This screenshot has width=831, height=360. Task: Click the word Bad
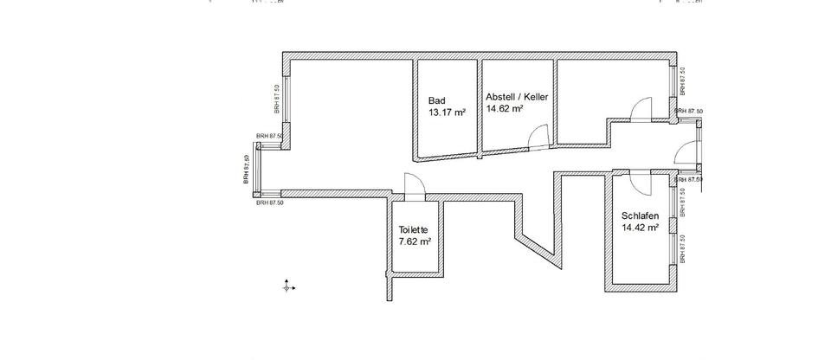click(437, 100)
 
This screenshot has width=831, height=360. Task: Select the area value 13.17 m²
click(448, 112)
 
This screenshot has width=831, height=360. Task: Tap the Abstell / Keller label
click(517, 97)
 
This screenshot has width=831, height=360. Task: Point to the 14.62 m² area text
click(506, 109)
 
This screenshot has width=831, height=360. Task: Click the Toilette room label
click(414, 229)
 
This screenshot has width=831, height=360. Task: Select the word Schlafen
click(640, 216)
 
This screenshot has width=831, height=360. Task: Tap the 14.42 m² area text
click(641, 228)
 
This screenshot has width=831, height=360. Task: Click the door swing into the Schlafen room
click(639, 183)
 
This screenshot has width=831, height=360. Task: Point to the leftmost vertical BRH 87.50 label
click(247, 169)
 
